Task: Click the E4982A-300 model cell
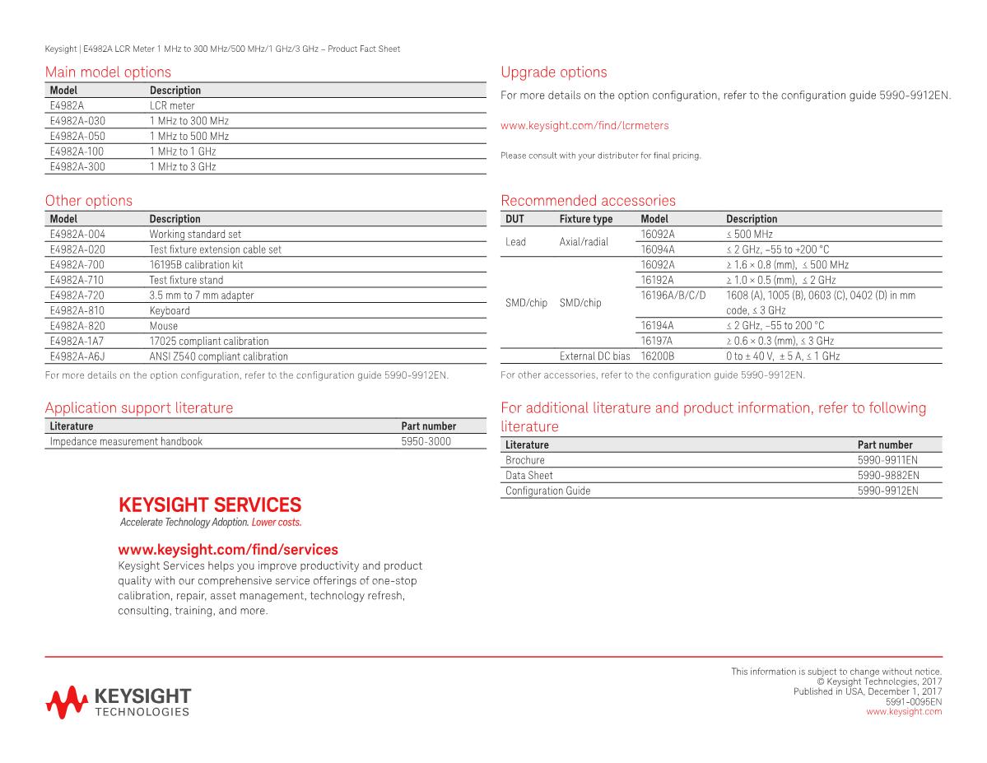tap(77, 166)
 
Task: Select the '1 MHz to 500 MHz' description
tap(189, 136)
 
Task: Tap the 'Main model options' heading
tap(108, 72)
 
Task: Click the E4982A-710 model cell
tap(77, 280)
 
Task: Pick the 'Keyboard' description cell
tap(170, 310)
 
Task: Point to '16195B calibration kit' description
tap(196, 265)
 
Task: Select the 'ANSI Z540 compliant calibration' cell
tap(218, 356)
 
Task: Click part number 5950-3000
tap(426, 441)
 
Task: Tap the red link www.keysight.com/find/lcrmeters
tap(584, 126)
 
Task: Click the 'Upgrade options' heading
tap(553, 72)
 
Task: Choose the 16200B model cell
tap(657, 356)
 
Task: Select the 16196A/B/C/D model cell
tap(673, 295)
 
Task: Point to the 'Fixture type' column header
tap(585, 219)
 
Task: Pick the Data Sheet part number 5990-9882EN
tap(887, 476)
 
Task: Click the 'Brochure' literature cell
tap(524, 460)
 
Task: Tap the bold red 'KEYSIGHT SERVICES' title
tap(210, 505)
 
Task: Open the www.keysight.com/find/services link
tap(228, 550)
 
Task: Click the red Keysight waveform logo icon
tap(66, 700)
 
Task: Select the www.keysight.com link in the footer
tap(904, 712)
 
